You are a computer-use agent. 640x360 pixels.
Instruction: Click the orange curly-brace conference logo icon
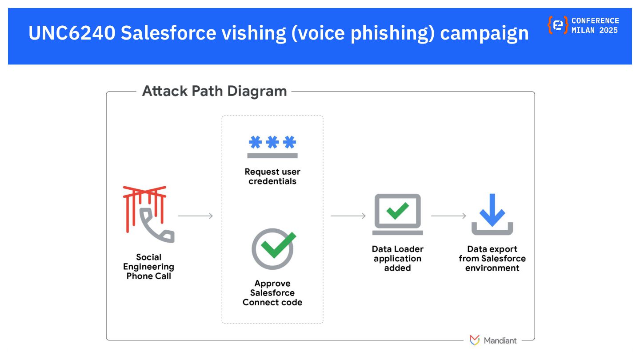tap(558, 25)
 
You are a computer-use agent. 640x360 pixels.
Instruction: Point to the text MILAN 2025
tap(595, 30)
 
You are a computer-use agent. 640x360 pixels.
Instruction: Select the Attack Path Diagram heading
tap(214, 91)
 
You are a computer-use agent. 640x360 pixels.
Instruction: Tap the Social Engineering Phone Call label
tap(148, 267)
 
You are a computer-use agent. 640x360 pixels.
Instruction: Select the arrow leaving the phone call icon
tap(196, 216)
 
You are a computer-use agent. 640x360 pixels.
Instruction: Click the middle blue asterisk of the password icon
tap(272, 143)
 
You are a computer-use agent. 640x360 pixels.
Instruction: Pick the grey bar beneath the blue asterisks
tap(272, 156)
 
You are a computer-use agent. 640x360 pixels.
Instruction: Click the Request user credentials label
tap(272, 176)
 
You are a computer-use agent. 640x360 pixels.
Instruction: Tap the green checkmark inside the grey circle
tap(276, 245)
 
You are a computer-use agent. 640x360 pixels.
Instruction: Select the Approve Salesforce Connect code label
tap(272, 293)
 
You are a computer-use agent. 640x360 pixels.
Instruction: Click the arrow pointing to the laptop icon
tap(348, 216)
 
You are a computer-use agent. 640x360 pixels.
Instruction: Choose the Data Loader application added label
tap(397, 259)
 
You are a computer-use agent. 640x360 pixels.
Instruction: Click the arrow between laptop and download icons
tap(448, 216)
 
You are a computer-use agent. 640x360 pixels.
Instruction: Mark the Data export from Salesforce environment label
tap(492, 259)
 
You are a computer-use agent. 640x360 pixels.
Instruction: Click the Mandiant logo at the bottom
tap(493, 340)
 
